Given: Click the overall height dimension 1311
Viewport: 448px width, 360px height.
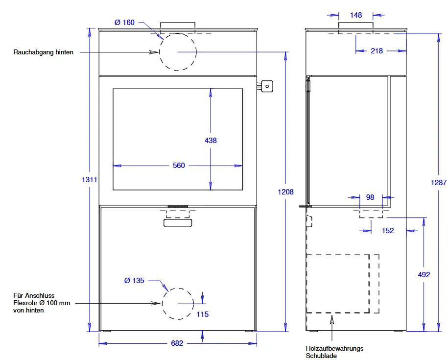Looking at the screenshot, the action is point(90,180).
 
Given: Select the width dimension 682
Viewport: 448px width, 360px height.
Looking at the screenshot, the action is point(177,343).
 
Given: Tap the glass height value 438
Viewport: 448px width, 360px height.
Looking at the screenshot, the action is point(211,140).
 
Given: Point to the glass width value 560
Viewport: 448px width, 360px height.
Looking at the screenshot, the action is point(179,166).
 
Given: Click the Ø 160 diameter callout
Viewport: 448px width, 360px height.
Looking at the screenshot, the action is point(124,23).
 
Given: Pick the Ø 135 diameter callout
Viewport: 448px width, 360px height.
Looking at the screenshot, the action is point(134,281).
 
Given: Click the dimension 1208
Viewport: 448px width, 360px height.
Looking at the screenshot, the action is point(286,192).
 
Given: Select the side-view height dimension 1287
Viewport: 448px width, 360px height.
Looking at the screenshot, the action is point(439,183).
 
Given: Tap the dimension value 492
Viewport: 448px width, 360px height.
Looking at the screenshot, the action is point(424,275).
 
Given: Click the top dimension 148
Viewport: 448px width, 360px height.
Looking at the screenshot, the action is point(356,15).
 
